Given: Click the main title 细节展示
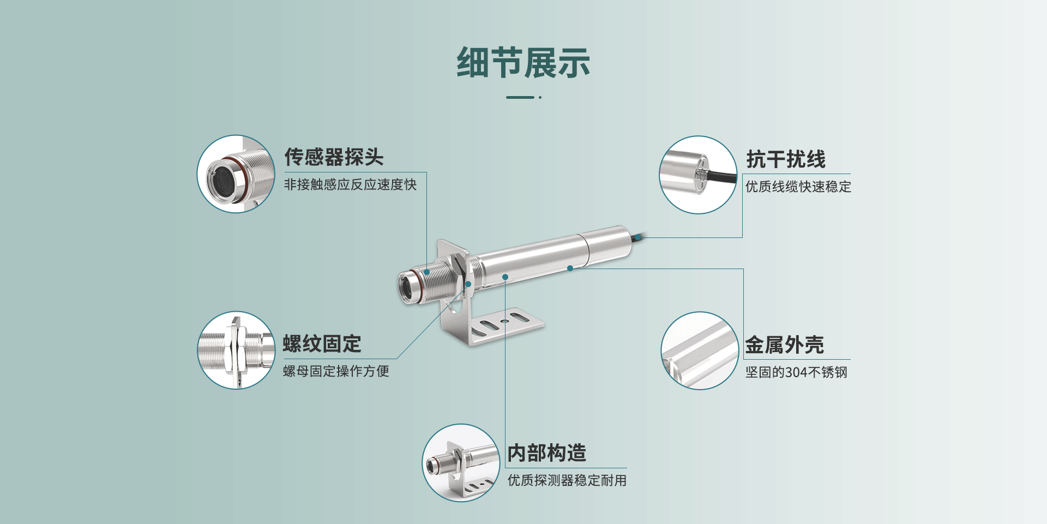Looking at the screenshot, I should [x=523, y=63].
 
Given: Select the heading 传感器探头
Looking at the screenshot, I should [x=334, y=157].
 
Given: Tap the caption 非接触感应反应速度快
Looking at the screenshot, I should [x=350, y=184].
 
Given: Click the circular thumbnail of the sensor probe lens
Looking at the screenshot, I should [x=236, y=174].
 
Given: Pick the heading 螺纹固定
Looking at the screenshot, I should [x=322, y=344].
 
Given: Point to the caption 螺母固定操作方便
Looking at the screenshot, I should [x=336, y=371].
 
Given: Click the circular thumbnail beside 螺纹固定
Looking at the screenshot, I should [x=236, y=350].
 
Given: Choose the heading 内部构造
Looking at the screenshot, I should [x=546, y=452].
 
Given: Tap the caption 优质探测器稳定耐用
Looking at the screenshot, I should [x=567, y=480].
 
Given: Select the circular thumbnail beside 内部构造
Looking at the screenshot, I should [x=461, y=463].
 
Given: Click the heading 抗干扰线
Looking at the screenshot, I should [x=786, y=159].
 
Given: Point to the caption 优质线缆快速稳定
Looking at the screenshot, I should [x=798, y=187].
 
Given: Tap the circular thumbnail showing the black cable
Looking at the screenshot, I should [x=698, y=175].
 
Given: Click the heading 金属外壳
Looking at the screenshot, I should [x=784, y=345].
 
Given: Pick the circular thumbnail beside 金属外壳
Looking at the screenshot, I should [x=700, y=350].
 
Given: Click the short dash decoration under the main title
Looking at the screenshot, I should [x=520, y=97].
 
